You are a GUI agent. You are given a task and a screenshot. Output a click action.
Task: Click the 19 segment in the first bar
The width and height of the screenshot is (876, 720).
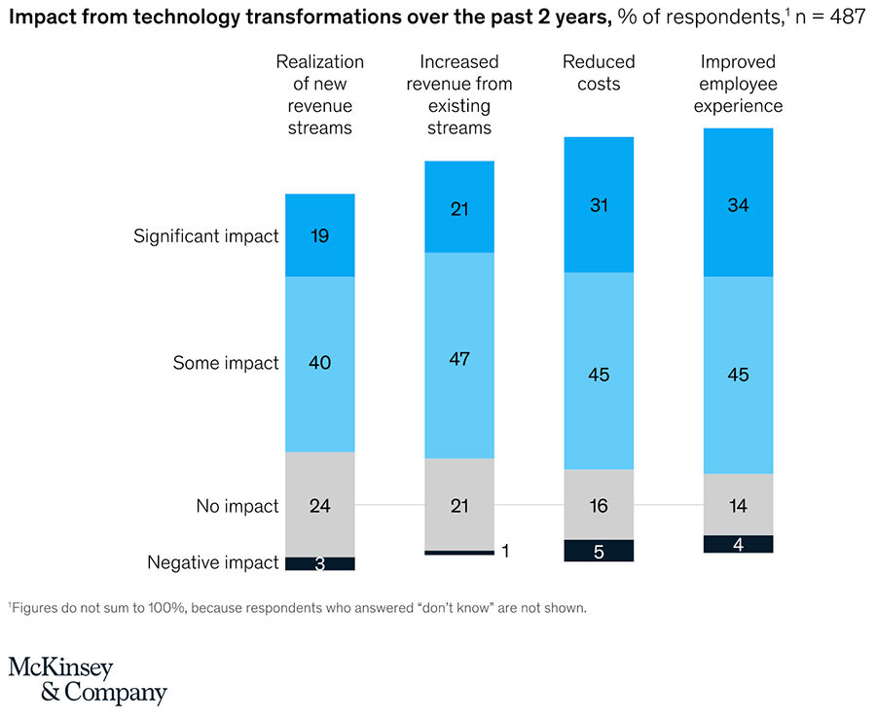pyautogui.click(x=319, y=235)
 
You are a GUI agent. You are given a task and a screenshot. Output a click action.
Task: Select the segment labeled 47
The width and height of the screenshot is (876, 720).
pyautogui.click(x=459, y=358)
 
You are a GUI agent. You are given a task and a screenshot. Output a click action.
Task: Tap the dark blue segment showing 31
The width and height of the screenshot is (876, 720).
pyautogui.click(x=599, y=205)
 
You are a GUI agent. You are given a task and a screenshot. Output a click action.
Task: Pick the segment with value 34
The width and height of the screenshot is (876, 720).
pyautogui.click(x=738, y=205)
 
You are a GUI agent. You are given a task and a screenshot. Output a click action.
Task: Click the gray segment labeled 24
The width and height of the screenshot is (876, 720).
pyautogui.click(x=319, y=505)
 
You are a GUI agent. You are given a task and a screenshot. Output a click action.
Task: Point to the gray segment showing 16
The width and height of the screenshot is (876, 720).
pyautogui.click(x=599, y=505)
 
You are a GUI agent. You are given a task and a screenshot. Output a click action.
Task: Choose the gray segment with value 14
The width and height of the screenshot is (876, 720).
pyautogui.click(x=738, y=505)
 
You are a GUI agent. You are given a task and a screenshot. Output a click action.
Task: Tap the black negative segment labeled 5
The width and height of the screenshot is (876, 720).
pyautogui.click(x=599, y=551)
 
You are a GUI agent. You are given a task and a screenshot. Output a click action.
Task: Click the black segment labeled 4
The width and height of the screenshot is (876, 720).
pyautogui.click(x=738, y=544)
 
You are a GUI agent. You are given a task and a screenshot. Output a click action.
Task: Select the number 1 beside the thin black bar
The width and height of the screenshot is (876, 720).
pyautogui.click(x=505, y=552)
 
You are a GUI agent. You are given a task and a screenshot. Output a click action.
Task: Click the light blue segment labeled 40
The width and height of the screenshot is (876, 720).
pyautogui.click(x=319, y=363)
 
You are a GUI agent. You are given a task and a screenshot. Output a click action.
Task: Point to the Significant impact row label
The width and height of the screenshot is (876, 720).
pyautogui.click(x=205, y=236)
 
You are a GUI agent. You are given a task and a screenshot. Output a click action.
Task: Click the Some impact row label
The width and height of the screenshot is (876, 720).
pyautogui.click(x=226, y=363)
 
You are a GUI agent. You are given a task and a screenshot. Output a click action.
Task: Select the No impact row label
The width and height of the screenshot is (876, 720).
pyautogui.click(x=237, y=506)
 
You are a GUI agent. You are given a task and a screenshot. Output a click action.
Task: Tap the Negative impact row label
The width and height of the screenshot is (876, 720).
pyautogui.click(x=212, y=562)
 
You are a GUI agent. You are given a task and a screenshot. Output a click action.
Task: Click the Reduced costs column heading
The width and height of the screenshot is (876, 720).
pyautogui.click(x=599, y=73)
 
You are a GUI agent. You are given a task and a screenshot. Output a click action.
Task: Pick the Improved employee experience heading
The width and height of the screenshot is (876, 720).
pyautogui.click(x=738, y=84)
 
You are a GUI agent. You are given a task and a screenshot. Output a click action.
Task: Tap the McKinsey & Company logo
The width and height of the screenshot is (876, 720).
pyautogui.click(x=88, y=679)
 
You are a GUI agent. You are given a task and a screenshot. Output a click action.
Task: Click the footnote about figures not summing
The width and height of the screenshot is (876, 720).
pyautogui.click(x=297, y=608)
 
